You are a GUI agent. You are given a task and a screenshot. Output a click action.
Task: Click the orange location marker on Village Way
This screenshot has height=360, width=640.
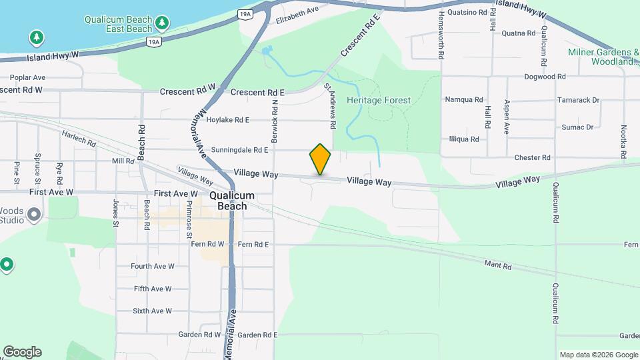point(320,159)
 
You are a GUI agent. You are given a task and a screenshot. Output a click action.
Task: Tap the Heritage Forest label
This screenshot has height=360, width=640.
point(379,100)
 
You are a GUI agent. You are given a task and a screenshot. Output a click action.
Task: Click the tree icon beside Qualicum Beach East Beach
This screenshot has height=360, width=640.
point(162,24)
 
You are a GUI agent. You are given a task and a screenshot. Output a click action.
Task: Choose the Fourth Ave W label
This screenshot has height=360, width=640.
point(152,266)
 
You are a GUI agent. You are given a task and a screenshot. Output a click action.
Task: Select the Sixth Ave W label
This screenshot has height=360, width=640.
point(152,311)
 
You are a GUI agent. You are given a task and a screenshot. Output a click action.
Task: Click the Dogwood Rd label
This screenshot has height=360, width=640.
point(545,77)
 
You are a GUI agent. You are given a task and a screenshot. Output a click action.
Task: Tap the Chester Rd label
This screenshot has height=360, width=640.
point(532,157)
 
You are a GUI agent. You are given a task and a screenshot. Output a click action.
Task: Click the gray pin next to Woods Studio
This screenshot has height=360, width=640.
point(35,215)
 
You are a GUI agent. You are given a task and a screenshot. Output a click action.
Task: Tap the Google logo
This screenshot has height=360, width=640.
point(22,352)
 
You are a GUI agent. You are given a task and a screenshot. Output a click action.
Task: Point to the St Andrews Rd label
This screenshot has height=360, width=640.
point(329,105)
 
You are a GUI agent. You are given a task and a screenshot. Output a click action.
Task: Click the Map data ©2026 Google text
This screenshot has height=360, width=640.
point(599,355)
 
